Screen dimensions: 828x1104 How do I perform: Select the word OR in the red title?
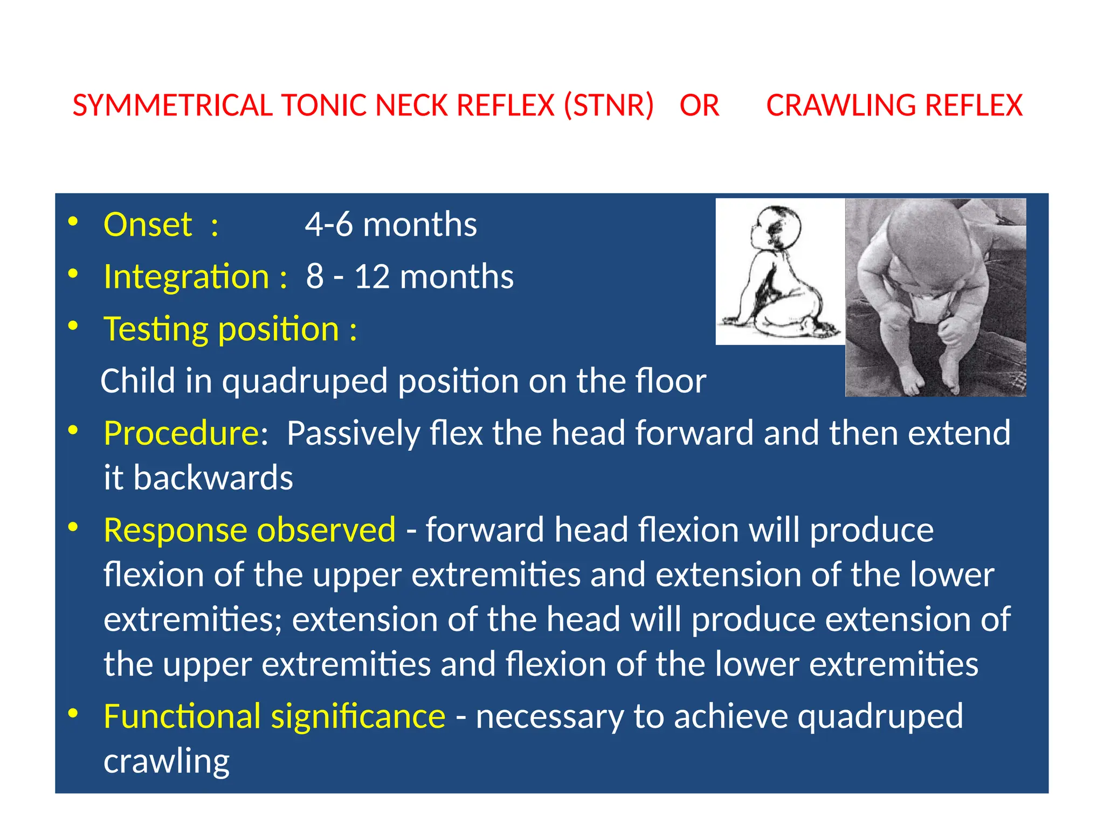699,106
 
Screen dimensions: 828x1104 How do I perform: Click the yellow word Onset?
147,225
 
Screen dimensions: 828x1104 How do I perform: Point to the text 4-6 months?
391,225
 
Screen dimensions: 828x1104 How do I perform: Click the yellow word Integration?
186,277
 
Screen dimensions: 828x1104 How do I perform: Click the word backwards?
213,478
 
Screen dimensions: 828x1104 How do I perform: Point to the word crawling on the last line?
167,762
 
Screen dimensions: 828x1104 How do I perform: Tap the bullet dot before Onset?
73,222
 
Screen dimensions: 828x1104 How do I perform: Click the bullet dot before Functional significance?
73,713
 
